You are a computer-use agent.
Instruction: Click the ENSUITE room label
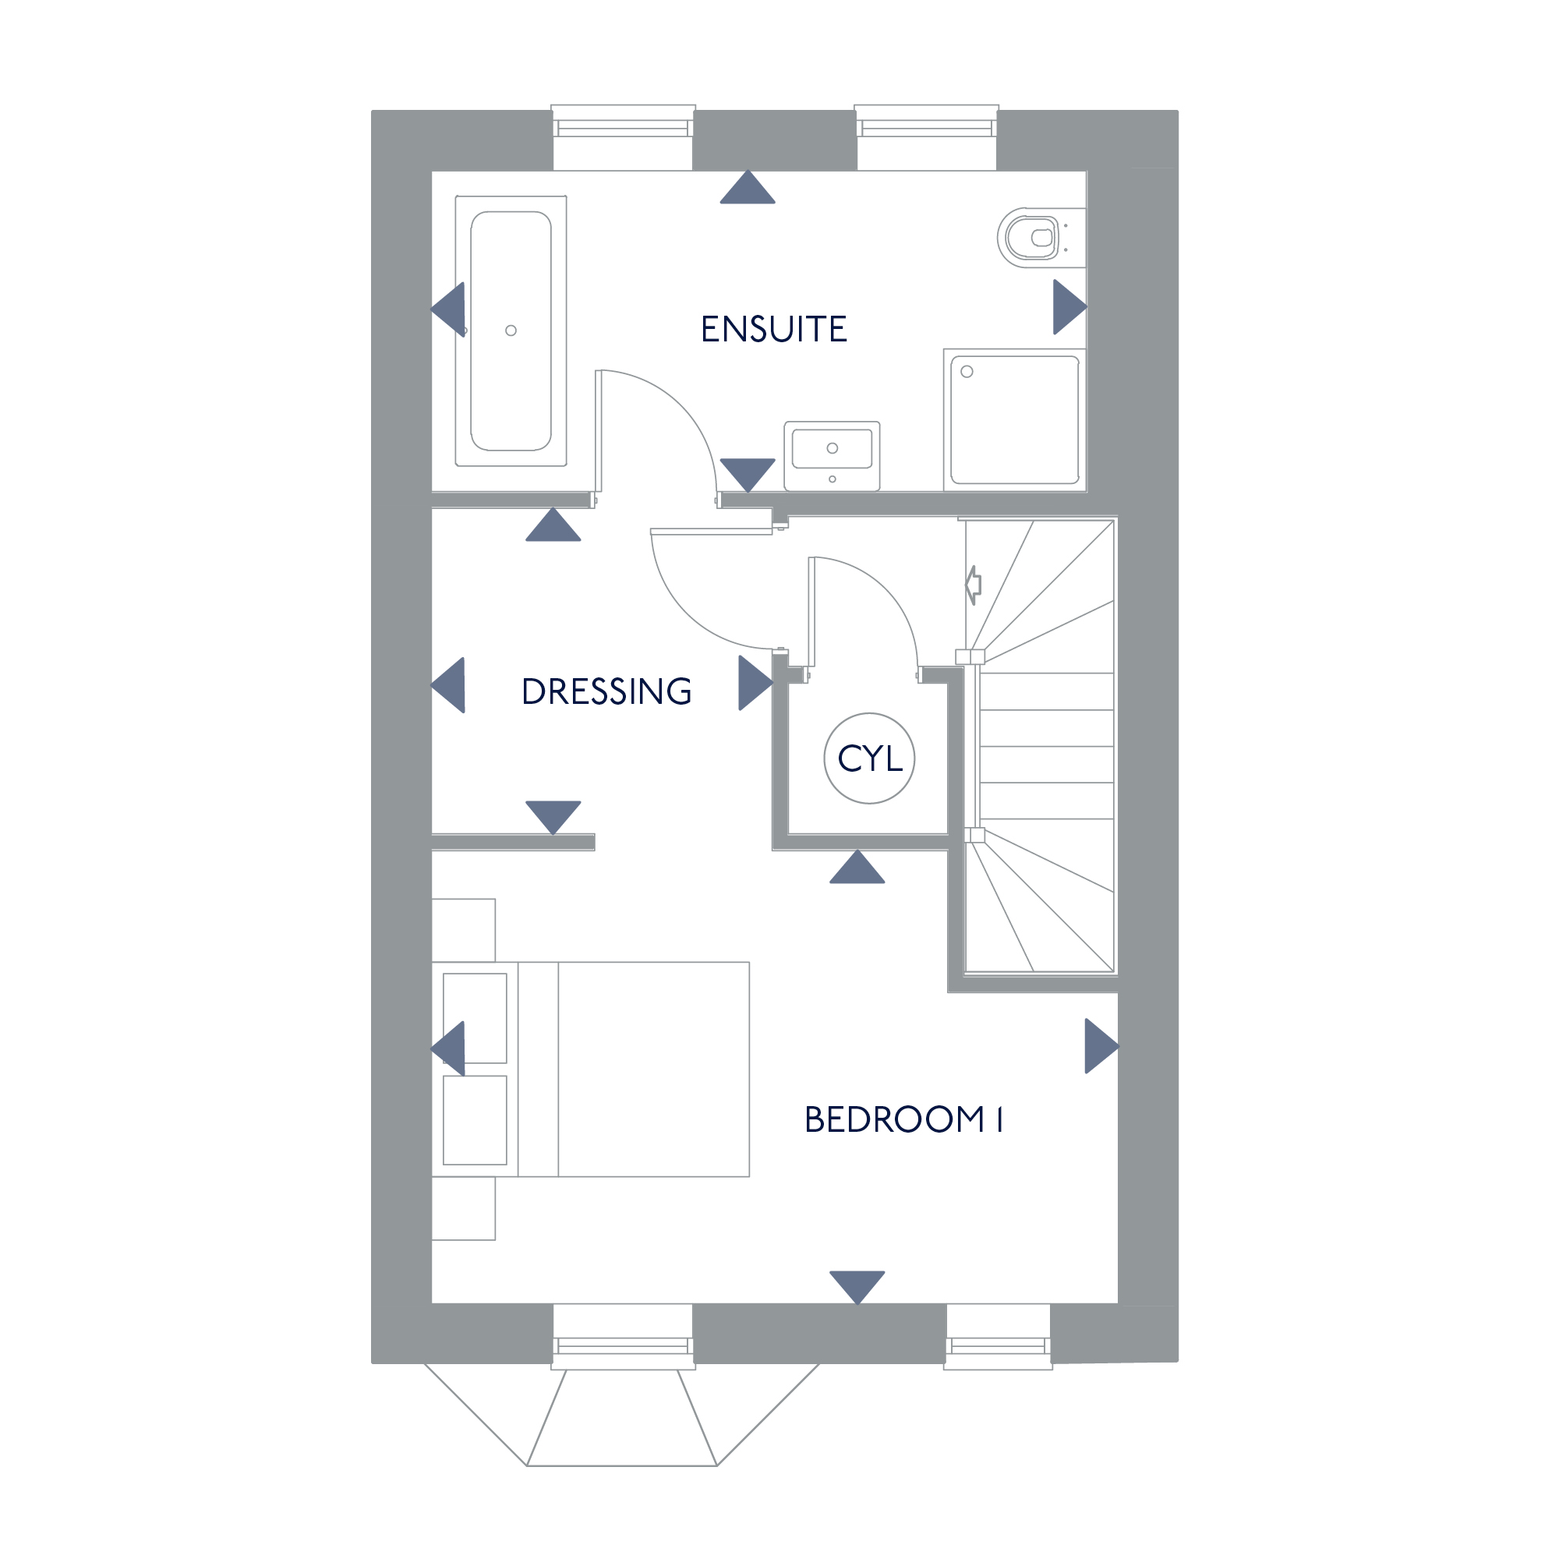tap(774, 329)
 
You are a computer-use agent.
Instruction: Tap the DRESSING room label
tap(606, 691)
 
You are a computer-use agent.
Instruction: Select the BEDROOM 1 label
tap(903, 1119)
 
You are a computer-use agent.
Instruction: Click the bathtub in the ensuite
tap(511, 331)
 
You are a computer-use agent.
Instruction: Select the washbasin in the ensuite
tap(832, 456)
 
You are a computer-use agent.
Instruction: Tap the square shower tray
tap(1015, 420)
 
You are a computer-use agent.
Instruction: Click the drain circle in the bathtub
tap(511, 331)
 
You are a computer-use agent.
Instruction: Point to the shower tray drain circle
tap(967, 372)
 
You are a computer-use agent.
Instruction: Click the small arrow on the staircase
tap(973, 585)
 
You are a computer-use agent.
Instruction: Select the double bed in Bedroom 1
tap(591, 1069)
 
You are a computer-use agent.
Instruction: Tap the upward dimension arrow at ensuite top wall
tap(748, 187)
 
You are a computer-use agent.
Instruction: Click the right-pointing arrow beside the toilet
tap(1070, 306)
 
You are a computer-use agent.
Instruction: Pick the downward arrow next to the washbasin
tap(748, 475)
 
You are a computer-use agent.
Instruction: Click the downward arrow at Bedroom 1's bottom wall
tap(857, 1288)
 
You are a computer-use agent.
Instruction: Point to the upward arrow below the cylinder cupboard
tap(857, 867)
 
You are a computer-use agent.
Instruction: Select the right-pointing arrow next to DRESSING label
tap(755, 684)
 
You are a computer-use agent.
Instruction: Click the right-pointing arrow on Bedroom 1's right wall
tap(1101, 1046)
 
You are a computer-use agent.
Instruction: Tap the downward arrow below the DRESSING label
tap(553, 818)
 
